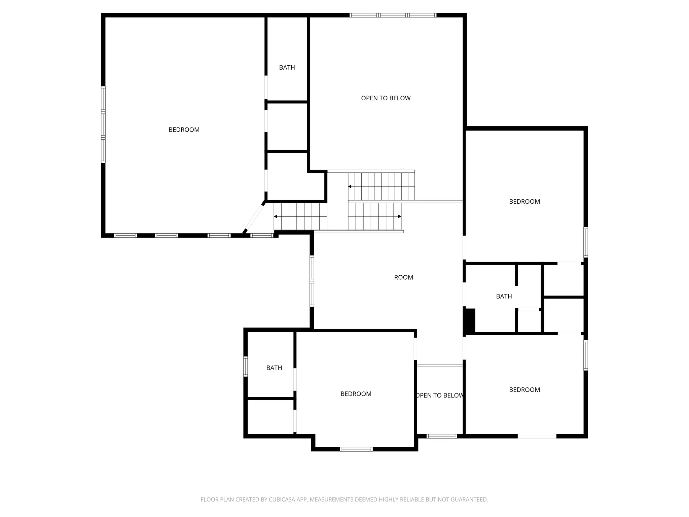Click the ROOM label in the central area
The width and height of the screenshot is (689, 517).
(x=403, y=277)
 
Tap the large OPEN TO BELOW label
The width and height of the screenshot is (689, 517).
(x=386, y=98)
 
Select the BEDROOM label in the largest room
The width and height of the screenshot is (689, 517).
(x=184, y=130)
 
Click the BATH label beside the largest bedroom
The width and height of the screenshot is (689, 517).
(x=287, y=68)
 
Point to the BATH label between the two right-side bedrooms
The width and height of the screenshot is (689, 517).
(x=504, y=296)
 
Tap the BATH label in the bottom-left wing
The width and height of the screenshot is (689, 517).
(x=274, y=368)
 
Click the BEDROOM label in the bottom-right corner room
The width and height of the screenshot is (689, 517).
(x=524, y=390)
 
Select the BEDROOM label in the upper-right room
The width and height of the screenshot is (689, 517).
(x=524, y=202)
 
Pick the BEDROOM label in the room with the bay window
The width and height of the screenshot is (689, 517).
(x=356, y=394)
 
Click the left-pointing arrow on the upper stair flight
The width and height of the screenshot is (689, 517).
(x=350, y=186)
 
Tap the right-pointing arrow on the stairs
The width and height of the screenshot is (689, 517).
(x=399, y=216)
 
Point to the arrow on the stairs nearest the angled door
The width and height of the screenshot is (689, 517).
(x=276, y=216)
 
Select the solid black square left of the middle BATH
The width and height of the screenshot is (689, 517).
(x=470, y=320)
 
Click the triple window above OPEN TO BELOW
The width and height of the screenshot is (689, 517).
(x=393, y=15)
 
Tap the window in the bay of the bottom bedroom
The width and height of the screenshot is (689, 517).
(x=356, y=449)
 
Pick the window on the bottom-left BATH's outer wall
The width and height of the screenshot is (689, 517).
(x=246, y=366)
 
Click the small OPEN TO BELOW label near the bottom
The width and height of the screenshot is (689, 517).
(x=440, y=395)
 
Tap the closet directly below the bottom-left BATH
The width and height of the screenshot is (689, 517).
(x=271, y=416)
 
